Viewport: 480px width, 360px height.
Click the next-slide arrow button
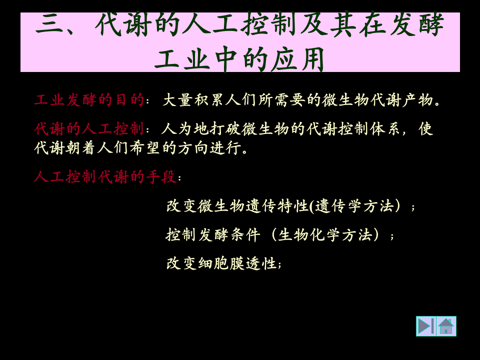coord(426,326)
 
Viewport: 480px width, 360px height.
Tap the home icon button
coord(446,326)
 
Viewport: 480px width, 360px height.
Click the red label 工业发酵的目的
coord(89,100)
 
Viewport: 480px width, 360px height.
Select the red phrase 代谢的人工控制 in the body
coord(89,129)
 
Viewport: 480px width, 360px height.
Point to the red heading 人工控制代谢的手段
coord(105,177)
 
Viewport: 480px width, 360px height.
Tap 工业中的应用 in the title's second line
coord(240,60)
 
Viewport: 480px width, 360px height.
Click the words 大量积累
coord(194,100)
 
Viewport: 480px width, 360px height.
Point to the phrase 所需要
coord(282,100)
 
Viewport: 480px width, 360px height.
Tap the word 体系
coord(386,129)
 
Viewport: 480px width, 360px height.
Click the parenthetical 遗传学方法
coord(354,205)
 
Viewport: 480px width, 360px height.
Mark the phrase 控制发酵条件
coord(213,234)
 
